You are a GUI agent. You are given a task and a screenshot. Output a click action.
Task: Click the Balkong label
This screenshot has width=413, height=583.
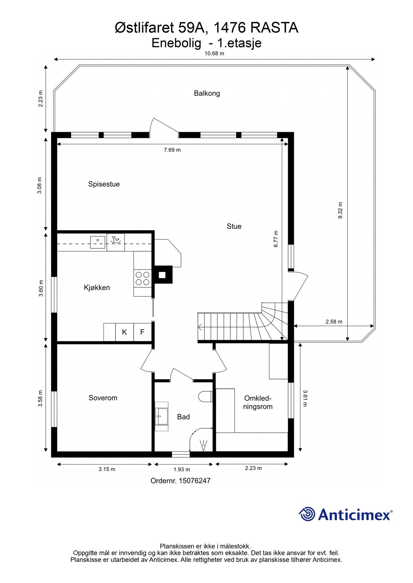coord(207,93)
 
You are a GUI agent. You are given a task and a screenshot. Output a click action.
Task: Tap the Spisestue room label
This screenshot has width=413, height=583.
coord(104,184)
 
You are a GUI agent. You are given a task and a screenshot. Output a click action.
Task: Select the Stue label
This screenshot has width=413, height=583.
coord(234,226)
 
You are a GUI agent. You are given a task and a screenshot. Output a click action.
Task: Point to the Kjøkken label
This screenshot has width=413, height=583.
coord(97,288)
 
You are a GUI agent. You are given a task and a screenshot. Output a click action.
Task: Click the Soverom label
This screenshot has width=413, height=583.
coord(103,398)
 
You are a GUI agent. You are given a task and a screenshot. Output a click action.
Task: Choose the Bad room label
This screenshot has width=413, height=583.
coord(183,417)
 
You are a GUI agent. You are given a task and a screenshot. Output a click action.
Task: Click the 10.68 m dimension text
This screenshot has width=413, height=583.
coord(214,53)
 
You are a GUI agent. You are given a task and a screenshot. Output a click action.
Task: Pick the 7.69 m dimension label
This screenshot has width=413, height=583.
coord(172,150)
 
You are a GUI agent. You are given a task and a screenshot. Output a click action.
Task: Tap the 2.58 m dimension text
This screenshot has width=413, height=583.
coord(334,322)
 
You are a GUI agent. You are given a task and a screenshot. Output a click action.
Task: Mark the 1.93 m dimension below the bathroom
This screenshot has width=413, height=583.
coord(182,469)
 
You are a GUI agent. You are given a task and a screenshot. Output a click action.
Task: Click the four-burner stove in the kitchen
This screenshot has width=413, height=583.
coord(142,279)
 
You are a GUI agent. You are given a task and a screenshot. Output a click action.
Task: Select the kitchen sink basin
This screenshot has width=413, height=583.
coord(98,242)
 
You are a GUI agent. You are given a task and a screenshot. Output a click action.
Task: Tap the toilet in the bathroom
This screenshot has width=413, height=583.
coord(205,396)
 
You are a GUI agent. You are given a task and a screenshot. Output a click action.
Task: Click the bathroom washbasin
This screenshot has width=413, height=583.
coord(162,417)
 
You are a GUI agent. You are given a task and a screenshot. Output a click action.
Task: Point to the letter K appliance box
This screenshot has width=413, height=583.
coord(125,332)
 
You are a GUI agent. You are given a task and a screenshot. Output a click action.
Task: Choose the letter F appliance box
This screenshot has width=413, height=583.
coord(142,332)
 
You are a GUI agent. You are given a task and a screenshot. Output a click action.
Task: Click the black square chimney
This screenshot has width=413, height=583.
coord(163,275)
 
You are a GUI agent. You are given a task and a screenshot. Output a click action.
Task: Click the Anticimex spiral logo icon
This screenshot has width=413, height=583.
coord(307,514)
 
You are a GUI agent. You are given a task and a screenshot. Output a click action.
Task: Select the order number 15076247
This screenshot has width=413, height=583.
coord(195,481)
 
